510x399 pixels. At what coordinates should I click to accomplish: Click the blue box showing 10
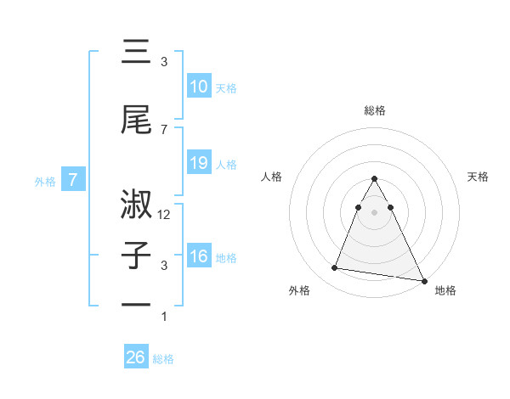tap(198, 87)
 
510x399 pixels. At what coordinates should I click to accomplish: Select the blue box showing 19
tap(198, 163)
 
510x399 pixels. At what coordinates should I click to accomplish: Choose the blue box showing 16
tap(198, 256)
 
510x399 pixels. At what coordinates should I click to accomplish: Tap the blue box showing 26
tap(136, 357)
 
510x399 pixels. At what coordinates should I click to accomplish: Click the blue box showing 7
tap(73, 180)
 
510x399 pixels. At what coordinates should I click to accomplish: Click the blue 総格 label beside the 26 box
tap(163, 359)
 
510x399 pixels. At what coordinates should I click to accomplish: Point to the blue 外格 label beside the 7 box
tap(44, 181)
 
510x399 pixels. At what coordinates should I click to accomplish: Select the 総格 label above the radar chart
tap(375, 110)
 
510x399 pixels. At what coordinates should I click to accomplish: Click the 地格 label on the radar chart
tap(445, 291)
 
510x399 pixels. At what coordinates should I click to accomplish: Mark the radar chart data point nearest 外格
tap(334, 268)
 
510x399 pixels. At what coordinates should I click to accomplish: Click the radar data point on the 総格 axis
tap(375, 178)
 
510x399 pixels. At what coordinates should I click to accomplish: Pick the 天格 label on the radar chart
tap(479, 177)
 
